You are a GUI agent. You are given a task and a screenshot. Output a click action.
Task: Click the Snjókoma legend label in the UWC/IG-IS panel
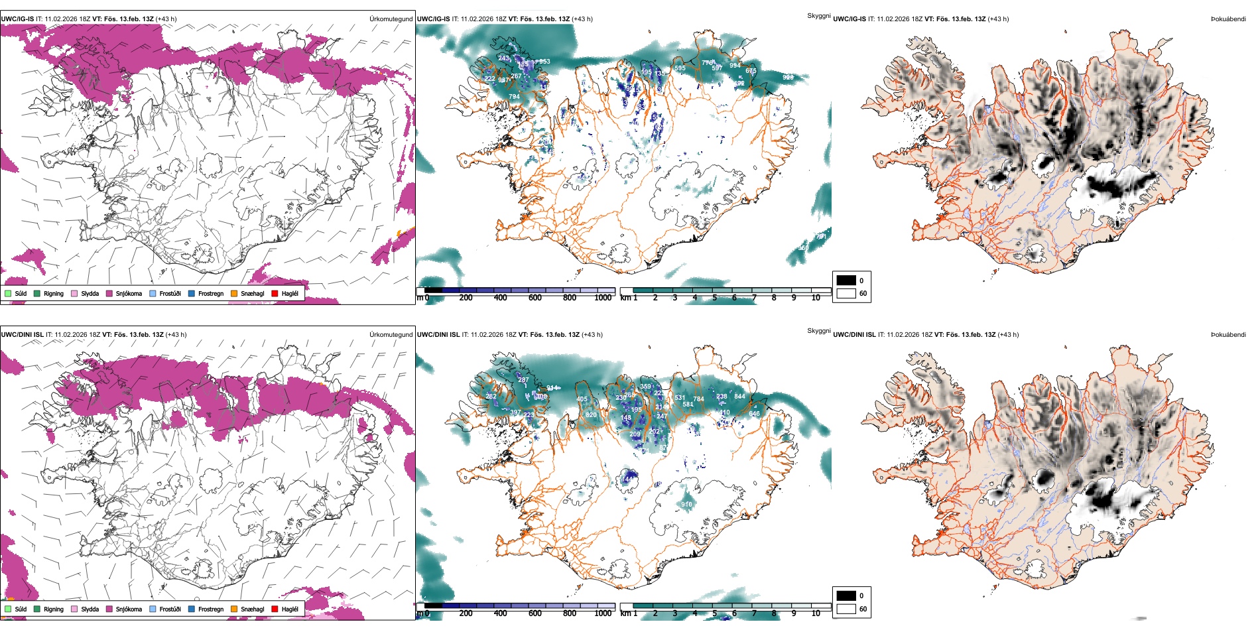[x=129, y=293]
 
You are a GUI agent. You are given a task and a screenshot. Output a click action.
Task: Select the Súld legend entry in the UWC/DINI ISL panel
[x=21, y=609]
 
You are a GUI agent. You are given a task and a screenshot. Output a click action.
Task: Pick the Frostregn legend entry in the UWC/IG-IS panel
[x=210, y=293]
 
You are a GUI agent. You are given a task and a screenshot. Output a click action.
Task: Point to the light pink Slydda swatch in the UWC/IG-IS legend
[x=74, y=293]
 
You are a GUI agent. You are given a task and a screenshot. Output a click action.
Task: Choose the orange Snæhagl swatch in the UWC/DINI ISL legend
[x=234, y=609]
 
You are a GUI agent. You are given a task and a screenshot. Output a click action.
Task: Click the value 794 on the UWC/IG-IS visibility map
[x=514, y=97]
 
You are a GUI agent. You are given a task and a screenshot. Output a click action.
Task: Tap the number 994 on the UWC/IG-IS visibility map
[x=735, y=66]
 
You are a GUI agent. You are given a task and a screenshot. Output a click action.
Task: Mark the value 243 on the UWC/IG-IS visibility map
[x=503, y=58]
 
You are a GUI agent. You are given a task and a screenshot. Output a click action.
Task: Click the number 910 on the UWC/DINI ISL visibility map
[x=686, y=505]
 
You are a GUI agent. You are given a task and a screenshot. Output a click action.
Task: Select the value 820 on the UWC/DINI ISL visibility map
[x=591, y=415]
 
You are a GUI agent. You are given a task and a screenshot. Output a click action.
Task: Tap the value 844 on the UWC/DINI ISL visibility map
[x=739, y=397]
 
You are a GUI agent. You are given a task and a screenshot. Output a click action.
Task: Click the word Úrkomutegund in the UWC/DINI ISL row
[x=391, y=335]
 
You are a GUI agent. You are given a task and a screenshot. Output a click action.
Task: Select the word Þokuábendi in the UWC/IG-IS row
[x=1228, y=19]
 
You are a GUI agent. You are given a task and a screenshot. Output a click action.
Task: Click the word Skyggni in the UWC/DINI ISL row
[x=818, y=331]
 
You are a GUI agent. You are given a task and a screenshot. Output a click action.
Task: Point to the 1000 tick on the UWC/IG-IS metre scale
[x=603, y=298]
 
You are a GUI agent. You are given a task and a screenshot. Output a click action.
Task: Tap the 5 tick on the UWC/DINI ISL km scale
[x=714, y=613]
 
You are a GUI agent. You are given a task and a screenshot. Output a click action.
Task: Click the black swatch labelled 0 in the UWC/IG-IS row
[x=846, y=281]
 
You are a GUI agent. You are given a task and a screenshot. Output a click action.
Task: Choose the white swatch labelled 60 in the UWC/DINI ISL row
[x=846, y=609]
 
